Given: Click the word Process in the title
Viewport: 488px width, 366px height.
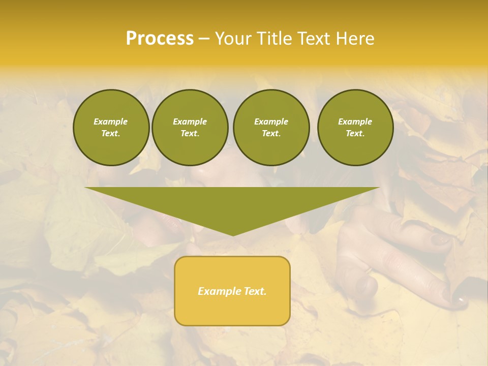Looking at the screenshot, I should pos(160,39).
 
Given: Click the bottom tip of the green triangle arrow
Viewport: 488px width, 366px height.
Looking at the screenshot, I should pos(233,234).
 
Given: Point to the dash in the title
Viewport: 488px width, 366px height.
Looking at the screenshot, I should pos(204,39).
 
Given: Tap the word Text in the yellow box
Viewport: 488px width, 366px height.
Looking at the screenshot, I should pos(255,291).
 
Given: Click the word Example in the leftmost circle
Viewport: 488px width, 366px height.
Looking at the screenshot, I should pos(111,121).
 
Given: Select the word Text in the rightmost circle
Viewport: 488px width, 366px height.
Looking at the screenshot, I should pos(355,133).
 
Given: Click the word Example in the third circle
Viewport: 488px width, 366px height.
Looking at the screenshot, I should pos(271,121).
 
